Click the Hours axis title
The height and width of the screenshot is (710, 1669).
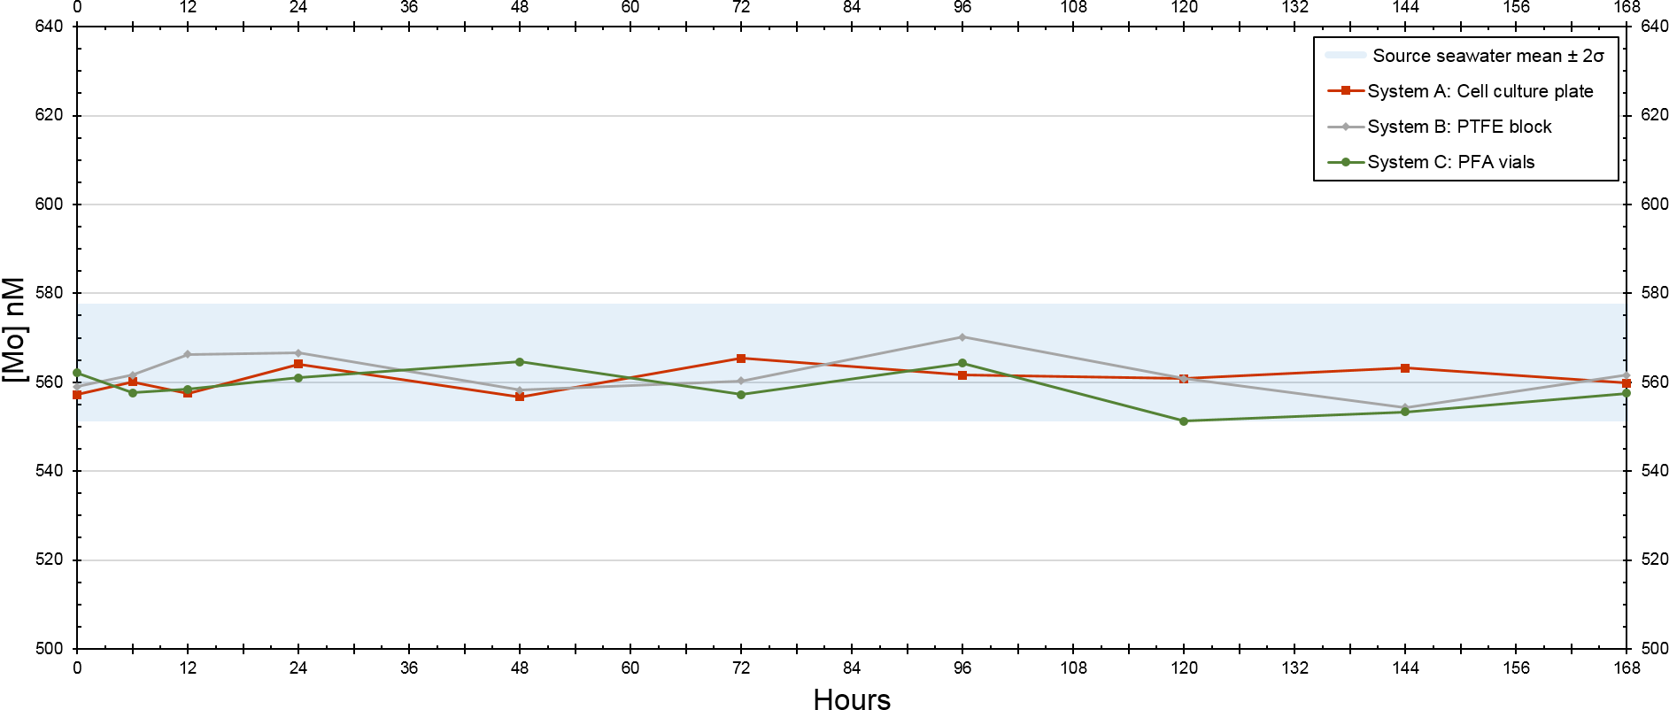coord(852,698)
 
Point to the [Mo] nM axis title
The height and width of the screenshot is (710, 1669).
coord(14,329)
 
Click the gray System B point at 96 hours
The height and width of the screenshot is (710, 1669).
coord(962,337)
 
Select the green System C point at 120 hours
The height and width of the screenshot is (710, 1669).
coord(1184,421)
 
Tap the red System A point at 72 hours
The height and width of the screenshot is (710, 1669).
coord(741,359)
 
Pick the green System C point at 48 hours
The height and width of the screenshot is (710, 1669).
coord(520,362)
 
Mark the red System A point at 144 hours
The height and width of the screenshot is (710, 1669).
coord(1405,368)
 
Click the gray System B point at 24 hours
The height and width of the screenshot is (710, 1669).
coord(298,353)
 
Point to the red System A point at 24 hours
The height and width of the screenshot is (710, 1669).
coord(298,364)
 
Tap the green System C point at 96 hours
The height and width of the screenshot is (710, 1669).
coord(962,364)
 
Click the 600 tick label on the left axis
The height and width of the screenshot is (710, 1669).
coord(49,204)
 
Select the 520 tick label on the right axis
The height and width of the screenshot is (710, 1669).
coord(1654,560)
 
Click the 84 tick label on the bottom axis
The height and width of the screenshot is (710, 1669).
coord(852,668)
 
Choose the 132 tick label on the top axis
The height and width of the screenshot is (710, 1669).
coord(1294,8)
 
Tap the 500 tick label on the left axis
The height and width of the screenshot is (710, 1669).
coord(49,649)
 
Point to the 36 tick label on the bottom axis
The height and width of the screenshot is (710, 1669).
coord(409,668)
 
